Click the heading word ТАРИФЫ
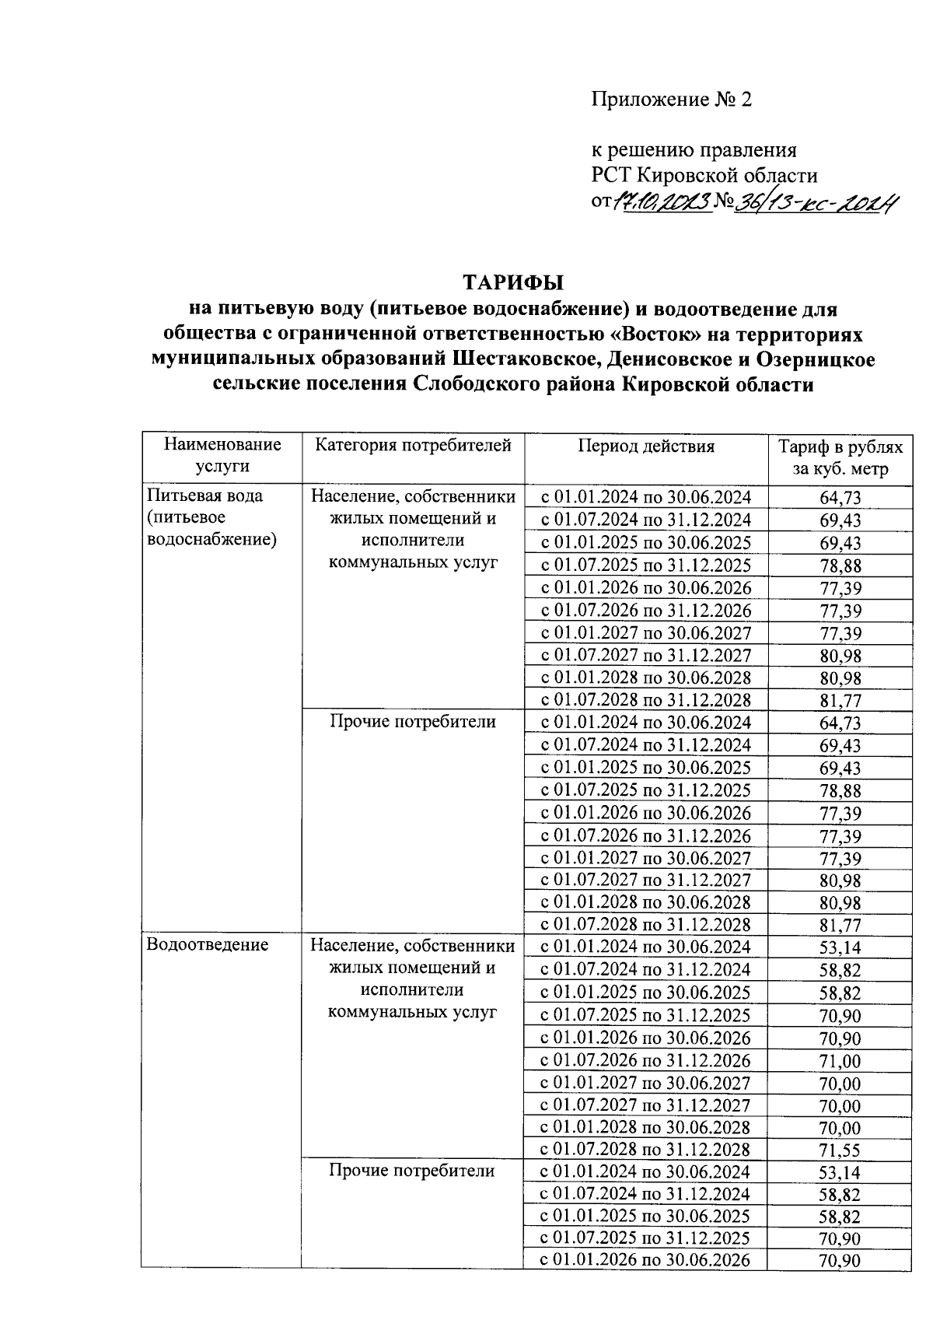[512, 282]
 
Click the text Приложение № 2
[672, 100]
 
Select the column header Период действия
[645, 446]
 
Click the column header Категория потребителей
[413, 446]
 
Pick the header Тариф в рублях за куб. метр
[840, 458]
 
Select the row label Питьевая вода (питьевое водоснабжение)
[211, 517]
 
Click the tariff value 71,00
[840, 1061]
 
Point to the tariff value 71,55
[840, 1150]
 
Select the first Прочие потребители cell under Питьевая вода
[413, 722]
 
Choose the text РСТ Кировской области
[704, 176]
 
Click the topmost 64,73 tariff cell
[840, 499]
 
